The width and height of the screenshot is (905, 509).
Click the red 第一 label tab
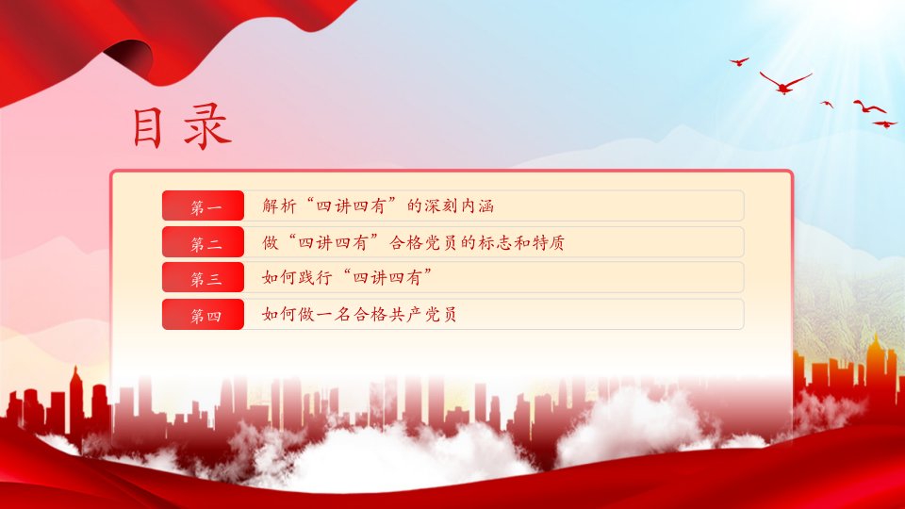pos(204,205)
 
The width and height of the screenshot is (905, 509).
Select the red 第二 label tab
pos(204,242)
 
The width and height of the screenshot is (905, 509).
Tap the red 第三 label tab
pos(204,277)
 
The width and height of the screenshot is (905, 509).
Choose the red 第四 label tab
pos(204,315)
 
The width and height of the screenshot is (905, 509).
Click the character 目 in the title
pos(148,127)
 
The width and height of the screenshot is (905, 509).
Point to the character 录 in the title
pos(207,127)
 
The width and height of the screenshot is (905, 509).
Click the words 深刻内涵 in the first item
pos(459,205)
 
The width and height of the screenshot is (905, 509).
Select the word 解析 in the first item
pos(279,205)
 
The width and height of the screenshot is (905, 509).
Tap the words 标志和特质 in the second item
pos(520,242)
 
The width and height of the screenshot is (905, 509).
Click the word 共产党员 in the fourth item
pos(420,314)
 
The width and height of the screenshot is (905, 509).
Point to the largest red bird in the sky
pos(785,83)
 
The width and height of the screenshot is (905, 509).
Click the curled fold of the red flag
pos(130,57)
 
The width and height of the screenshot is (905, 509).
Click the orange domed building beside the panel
pos(876,369)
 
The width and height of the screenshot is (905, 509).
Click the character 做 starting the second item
pos(271,242)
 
